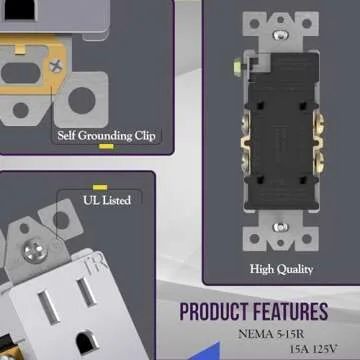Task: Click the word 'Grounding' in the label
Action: pos(105,136)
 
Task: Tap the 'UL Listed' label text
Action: pos(107,201)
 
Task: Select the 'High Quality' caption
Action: pos(282,269)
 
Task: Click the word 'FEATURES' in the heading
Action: pos(291,312)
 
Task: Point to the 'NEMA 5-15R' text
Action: pos(271,334)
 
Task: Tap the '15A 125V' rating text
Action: pos(314,350)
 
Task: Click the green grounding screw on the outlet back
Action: pos(238,67)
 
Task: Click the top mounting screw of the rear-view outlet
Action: pos(281,34)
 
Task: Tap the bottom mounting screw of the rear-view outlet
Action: pos(281,227)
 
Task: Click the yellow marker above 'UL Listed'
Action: pos(100,187)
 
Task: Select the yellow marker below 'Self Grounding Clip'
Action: pos(106,146)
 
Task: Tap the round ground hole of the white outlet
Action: pos(88,341)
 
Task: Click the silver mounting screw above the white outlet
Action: pos(35,251)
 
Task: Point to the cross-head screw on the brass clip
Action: pos(56,66)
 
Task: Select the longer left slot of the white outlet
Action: pos(49,307)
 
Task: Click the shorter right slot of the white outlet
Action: pos(87,292)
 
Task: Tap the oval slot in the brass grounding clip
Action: pos(21,73)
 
